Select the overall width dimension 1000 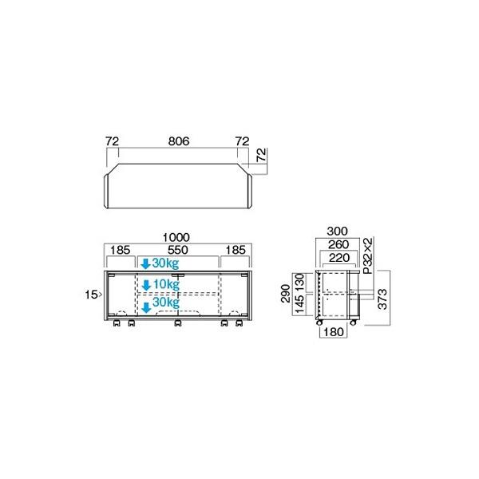coord(176,237)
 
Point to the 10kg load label coord(165,283)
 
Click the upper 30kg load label coord(165,263)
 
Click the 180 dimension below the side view coord(335,332)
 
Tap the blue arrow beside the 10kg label coord(145,283)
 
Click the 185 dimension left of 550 coord(121,250)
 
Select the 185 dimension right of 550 coord(236,250)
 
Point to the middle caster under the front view coord(179,325)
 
